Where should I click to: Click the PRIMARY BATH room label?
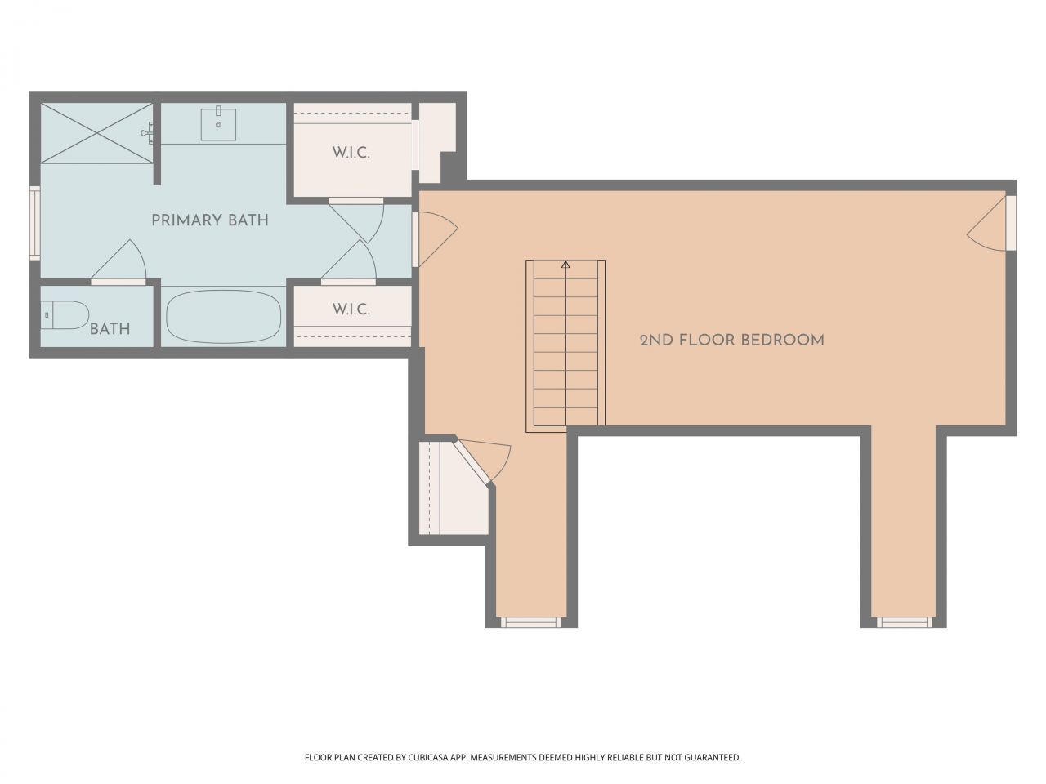tap(210, 220)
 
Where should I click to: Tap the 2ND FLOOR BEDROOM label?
tap(731, 341)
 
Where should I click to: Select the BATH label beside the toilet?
tap(110, 329)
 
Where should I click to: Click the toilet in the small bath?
tap(65, 315)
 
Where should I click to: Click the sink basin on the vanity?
tap(218, 124)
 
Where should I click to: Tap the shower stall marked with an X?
tap(96, 133)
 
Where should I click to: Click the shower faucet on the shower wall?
tap(148, 133)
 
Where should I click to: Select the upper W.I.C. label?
tap(351, 154)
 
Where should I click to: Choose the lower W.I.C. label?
tap(351, 310)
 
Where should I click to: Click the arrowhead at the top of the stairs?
tap(565, 264)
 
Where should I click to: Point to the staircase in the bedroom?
tap(565, 346)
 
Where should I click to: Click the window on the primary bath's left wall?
tap(35, 223)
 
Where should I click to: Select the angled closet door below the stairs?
tap(482, 461)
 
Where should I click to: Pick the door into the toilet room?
tap(118, 262)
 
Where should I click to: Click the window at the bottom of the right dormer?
tap(904, 621)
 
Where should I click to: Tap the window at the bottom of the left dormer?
tap(529, 621)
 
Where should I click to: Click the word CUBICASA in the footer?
tap(428, 757)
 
